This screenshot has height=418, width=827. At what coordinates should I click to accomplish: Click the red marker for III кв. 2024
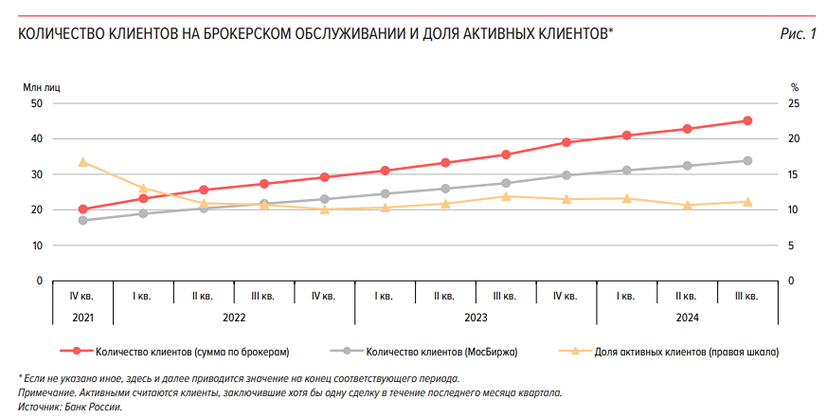pyautogui.click(x=747, y=120)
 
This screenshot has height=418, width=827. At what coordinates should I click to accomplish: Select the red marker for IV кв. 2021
pyautogui.click(x=82, y=209)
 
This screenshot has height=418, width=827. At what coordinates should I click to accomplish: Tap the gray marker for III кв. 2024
pyautogui.click(x=747, y=161)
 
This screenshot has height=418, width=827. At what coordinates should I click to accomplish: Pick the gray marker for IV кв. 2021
pyautogui.click(x=82, y=220)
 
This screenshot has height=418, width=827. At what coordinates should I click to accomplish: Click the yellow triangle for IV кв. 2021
pyautogui.click(x=82, y=162)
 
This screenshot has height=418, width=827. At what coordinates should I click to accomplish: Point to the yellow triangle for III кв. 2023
pyautogui.click(x=506, y=196)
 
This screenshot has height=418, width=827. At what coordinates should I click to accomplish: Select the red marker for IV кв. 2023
pyautogui.click(x=566, y=142)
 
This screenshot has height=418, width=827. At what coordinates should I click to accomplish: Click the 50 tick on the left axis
pyautogui.click(x=37, y=103)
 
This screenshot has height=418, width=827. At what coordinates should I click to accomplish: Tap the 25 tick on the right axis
pyautogui.click(x=795, y=103)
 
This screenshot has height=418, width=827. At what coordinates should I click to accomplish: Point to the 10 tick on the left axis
pyautogui.click(x=37, y=245)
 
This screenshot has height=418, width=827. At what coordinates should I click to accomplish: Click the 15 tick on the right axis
pyautogui.click(x=795, y=174)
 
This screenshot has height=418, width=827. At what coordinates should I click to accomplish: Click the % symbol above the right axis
pyautogui.click(x=795, y=87)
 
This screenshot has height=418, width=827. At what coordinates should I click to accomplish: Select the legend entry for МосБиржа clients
pyautogui.click(x=441, y=352)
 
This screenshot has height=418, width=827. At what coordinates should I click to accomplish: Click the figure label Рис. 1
pyautogui.click(x=798, y=35)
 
